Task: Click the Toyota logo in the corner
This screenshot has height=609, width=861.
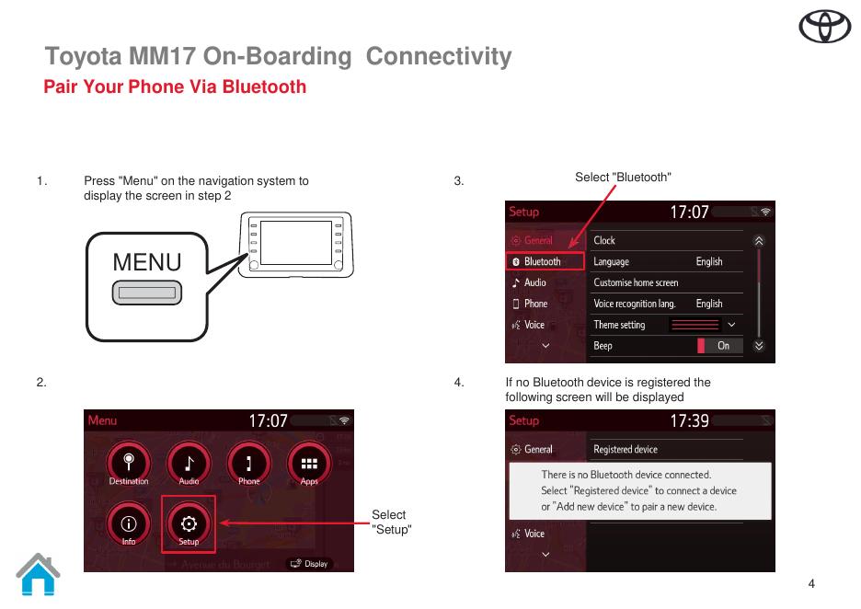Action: [824, 29]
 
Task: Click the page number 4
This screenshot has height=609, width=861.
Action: [811, 583]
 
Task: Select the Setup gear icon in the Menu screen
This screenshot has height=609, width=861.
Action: [189, 523]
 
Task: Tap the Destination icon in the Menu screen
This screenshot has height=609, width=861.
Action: [129, 463]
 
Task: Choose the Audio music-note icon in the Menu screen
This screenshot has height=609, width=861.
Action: [189, 463]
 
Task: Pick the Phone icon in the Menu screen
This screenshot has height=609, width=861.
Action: [249, 463]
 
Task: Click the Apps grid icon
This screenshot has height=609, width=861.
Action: [309, 463]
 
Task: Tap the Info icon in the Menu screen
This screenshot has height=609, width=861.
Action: [129, 523]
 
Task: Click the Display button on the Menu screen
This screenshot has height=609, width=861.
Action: [309, 564]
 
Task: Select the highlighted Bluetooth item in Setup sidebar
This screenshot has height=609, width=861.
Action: [545, 261]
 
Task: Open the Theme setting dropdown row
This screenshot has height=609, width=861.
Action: [666, 325]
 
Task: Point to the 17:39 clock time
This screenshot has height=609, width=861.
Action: [689, 420]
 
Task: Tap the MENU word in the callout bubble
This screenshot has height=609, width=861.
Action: [147, 262]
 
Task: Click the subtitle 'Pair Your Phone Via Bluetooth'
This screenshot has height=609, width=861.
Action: [175, 87]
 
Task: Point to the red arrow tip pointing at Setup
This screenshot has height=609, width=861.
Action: [221, 523]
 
